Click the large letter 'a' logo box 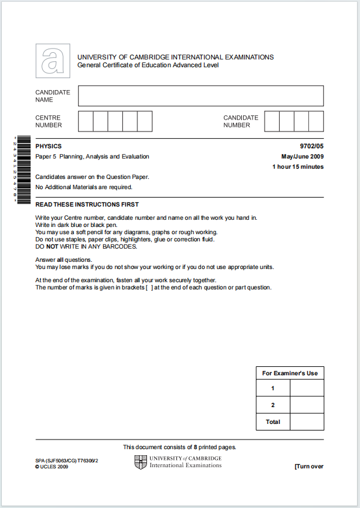click(x=53, y=61)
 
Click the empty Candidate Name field click(x=200, y=96)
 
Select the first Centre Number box click(x=85, y=121)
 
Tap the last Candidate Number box click(x=316, y=121)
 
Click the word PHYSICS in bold click(x=49, y=147)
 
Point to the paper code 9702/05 click(x=311, y=147)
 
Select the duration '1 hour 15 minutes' click(x=298, y=167)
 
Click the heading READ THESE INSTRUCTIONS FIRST click(x=87, y=205)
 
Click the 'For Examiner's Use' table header click(x=290, y=373)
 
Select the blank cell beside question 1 click(x=307, y=389)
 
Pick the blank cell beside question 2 click(x=307, y=405)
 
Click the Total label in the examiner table click(x=273, y=422)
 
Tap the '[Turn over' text click(x=309, y=467)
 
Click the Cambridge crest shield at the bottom click(x=140, y=462)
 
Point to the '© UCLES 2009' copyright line click(x=52, y=467)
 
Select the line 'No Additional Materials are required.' click(x=84, y=187)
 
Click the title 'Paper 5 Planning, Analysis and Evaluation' click(x=92, y=157)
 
